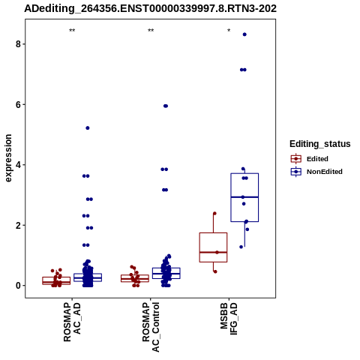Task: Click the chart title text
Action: pos(150,8)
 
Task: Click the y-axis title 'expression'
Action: pos(8,158)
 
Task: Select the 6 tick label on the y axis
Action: pos(18,105)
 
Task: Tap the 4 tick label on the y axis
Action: pos(18,165)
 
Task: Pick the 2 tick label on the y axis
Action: pos(18,226)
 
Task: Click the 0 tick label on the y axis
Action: pos(18,286)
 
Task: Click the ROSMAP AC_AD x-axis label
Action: pos(72,322)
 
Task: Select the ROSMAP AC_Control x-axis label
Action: pos(151,327)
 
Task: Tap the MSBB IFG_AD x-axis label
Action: pos(229,319)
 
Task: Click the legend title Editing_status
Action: pos(320,144)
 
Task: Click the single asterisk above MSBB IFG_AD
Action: pos(229,31)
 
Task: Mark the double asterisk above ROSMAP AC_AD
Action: pos(72,31)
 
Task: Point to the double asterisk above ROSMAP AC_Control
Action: pos(151,31)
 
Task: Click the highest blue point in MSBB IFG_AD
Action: pos(244,34)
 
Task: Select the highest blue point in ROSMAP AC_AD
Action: pos(88,128)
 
